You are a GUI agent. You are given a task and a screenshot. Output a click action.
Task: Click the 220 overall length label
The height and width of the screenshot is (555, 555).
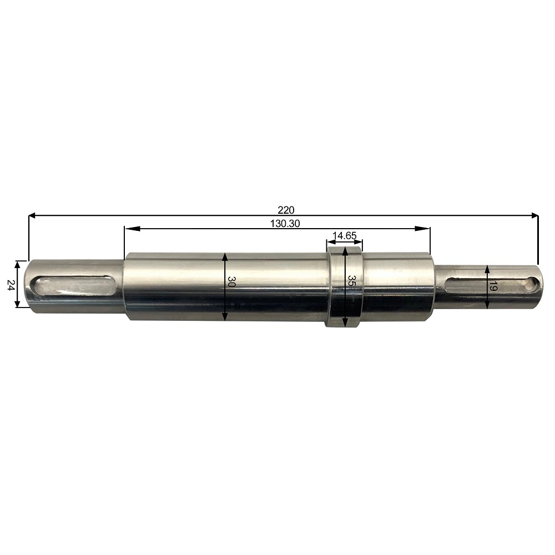click(286, 210)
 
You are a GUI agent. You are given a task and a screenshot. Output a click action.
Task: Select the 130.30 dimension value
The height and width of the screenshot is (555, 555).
click(285, 224)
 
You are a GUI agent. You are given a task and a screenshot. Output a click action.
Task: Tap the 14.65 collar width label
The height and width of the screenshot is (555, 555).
click(345, 236)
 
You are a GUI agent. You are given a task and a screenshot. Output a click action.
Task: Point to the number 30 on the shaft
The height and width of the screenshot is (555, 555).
click(232, 282)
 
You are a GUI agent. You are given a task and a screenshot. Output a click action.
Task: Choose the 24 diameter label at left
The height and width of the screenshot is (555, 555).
click(11, 285)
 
